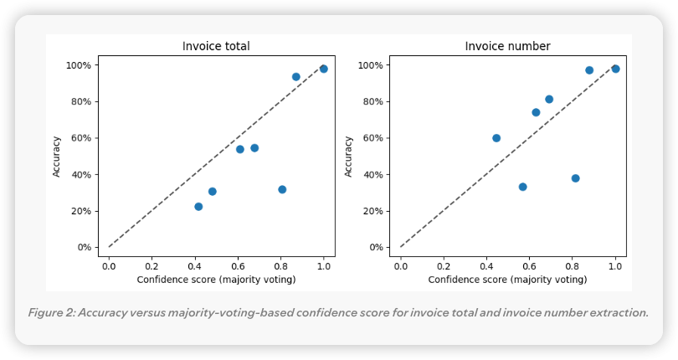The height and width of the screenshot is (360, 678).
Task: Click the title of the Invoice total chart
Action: pyautogui.click(x=216, y=46)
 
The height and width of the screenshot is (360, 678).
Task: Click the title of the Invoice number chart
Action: pyautogui.click(x=507, y=46)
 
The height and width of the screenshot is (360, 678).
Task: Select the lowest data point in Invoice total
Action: pyautogui.click(x=198, y=207)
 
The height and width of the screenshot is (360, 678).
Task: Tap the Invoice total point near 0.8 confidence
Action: pyautogui.click(x=282, y=189)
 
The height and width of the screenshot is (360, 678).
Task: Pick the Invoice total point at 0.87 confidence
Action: pyautogui.click(x=295, y=77)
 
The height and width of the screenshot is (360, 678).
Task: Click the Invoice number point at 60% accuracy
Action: pyautogui.click(x=496, y=138)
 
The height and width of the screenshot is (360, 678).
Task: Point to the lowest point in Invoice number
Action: pyautogui.click(x=522, y=187)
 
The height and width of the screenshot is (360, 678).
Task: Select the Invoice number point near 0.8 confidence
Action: pyautogui.click(x=575, y=178)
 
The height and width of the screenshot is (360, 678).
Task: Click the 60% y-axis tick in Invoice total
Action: pyautogui.click(x=80, y=138)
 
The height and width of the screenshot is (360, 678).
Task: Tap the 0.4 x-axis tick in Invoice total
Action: pyautogui.click(x=195, y=265)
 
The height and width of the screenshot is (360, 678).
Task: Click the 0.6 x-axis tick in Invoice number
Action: pyautogui.click(x=529, y=265)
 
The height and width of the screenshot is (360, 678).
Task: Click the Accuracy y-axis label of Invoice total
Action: pyautogui.click(x=57, y=157)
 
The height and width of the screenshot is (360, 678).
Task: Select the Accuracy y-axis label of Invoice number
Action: pyautogui.click(x=348, y=157)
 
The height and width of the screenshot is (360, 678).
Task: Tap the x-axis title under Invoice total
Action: pyautogui.click(x=216, y=279)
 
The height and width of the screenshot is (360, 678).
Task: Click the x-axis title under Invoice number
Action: pyautogui.click(x=507, y=279)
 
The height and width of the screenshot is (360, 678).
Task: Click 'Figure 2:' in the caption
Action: pyautogui.click(x=52, y=313)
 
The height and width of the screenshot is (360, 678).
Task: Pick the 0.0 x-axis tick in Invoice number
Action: pyautogui.click(x=401, y=265)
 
